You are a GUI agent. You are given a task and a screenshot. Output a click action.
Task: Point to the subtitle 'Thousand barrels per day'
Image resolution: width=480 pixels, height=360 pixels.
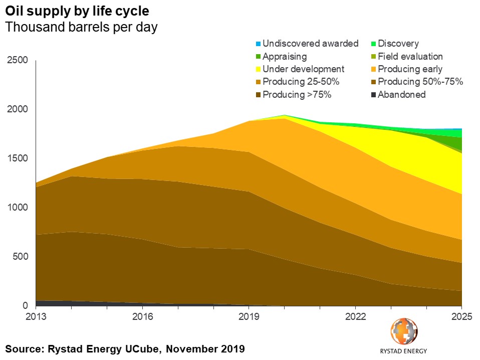pos(81,27)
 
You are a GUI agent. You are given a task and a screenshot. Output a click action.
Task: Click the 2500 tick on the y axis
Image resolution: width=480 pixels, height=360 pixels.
pos(18,60)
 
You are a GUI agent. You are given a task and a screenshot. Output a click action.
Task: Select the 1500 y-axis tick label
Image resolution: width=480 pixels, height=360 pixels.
pos(18,158)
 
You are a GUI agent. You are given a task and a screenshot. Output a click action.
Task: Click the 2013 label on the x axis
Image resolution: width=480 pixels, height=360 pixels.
pos(37,317)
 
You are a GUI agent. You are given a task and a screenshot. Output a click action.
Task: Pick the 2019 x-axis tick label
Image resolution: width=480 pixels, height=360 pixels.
pos(249,317)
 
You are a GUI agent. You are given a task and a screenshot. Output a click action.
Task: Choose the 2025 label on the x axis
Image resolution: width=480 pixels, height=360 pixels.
pos(461,317)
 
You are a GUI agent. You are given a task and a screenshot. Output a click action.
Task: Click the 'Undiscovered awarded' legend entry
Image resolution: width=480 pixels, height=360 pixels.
pos(310,44)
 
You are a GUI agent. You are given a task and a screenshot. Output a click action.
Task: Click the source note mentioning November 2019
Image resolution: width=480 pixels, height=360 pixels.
pos(125,348)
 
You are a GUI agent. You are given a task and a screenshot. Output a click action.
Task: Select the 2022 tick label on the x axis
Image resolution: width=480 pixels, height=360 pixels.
pos(355,317)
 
